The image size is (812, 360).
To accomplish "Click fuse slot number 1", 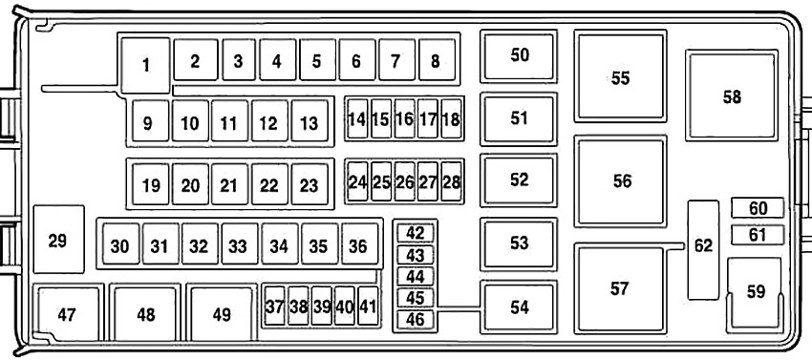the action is tap(146, 65).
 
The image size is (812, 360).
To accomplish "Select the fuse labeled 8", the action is tap(437, 59).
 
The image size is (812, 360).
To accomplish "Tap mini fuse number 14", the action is tap(357, 118).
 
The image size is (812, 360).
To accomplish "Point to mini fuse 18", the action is tap(451, 118).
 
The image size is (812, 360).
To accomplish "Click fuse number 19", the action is tap(151, 184).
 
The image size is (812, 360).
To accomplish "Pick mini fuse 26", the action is tap(404, 181).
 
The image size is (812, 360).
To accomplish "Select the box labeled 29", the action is tap(58, 240).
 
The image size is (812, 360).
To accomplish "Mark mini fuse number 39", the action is tap(322, 306).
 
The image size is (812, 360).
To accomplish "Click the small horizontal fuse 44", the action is tap(415, 276).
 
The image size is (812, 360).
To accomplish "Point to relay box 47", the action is tap(68, 313).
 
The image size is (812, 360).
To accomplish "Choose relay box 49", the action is tap(222, 313).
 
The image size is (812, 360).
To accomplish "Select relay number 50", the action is tap(519, 56).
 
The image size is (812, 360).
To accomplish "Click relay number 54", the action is tap(519, 307).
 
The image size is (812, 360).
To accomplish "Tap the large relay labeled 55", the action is tap(620, 76).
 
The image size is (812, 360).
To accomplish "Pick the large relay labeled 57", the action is tap(620, 288).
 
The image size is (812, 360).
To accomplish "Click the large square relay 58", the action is tap(732, 95).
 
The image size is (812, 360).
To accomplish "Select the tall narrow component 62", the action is tap(703, 249).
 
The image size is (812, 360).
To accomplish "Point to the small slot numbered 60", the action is tap(758, 208).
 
